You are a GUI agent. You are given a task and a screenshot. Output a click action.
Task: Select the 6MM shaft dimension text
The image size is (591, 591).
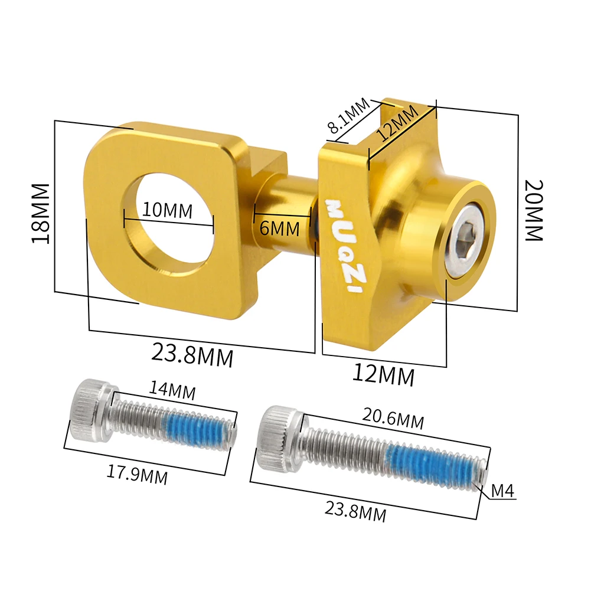pyautogui.click(x=280, y=228)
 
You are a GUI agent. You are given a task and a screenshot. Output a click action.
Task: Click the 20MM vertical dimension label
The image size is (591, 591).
pyautogui.click(x=534, y=210)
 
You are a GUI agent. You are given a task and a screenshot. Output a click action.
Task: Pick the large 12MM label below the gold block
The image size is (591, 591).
pyautogui.click(x=384, y=374)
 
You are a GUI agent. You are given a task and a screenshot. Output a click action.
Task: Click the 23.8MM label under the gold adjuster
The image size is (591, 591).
pyautogui.click(x=192, y=355)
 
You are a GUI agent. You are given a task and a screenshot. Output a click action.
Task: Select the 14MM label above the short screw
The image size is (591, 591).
pyautogui.click(x=172, y=390)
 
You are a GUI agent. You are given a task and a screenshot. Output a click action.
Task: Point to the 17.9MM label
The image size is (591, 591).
pyautogui.click(x=137, y=474)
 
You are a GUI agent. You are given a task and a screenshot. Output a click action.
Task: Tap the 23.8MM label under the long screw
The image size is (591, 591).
pyautogui.click(x=357, y=510)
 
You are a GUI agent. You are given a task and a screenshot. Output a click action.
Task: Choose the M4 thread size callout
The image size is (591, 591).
pyautogui.click(x=503, y=491)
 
